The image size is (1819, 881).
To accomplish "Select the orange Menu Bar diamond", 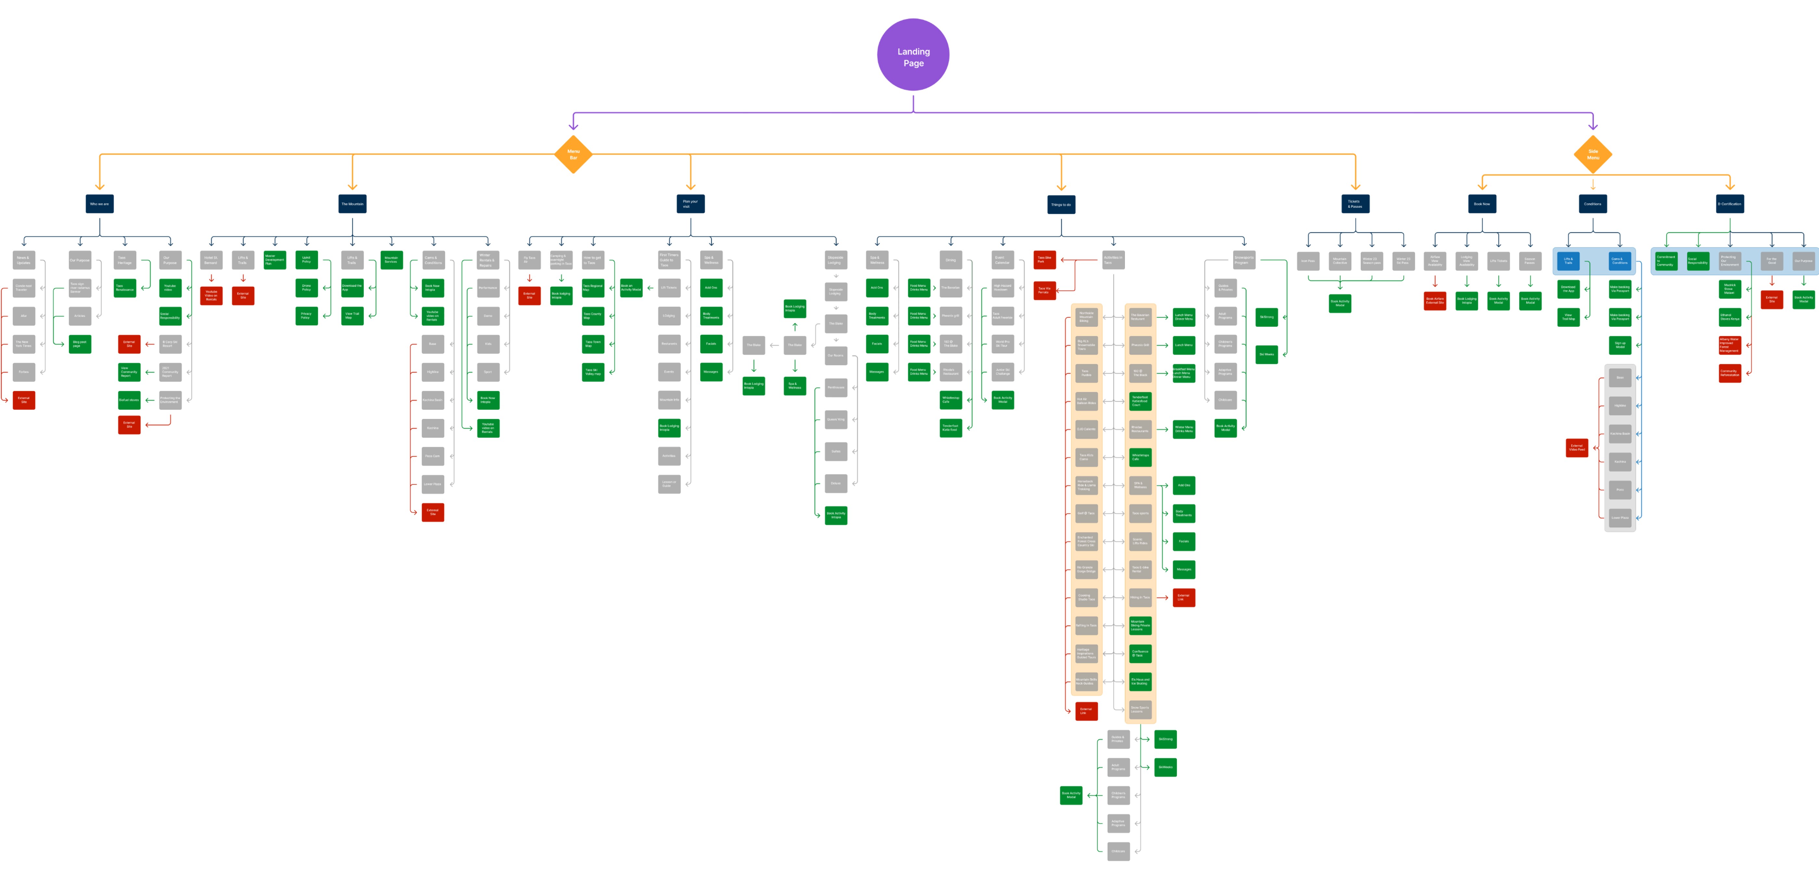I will point(573,154).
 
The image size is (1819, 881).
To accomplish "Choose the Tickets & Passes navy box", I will point(1355,204).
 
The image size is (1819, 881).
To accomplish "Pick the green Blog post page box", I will point(80,344).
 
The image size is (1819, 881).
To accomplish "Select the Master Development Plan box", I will point(275,260).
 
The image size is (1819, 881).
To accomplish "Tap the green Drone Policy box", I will point(306,288).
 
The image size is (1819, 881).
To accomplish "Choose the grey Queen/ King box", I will point(835,419).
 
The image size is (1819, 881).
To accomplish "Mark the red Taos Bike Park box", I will point(1044,260).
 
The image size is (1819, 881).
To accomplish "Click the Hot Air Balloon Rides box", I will point(1086,401).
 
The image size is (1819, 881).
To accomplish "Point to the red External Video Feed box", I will point(1577,447).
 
